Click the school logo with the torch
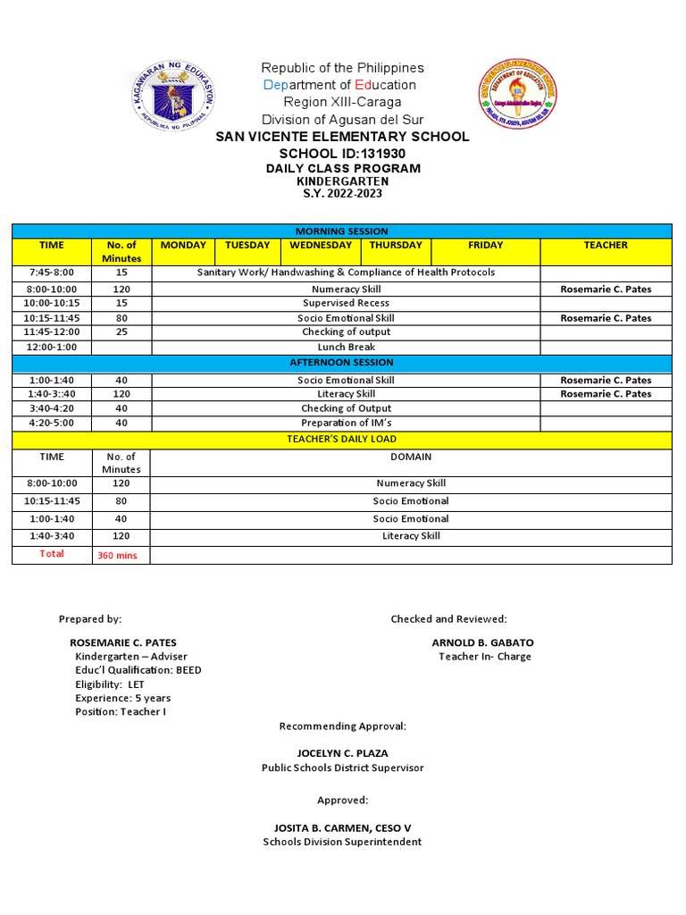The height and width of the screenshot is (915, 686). [x=518, y=95]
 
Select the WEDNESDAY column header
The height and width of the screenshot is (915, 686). [x=320, y=246]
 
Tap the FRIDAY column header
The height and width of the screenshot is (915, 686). [x=485, y=246]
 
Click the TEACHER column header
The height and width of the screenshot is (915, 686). [x=606, y=246]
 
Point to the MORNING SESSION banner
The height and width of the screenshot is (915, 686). [x=341, y=231]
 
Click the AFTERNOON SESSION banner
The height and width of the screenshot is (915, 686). [x=341, y=363]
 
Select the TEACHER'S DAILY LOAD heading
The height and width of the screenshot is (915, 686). [x=341, y=440]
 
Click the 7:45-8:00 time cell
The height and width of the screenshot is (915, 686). [x=52, y=273]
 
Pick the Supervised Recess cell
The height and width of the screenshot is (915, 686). [x=346, y=304]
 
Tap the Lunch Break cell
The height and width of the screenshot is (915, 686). [x=346, y=347]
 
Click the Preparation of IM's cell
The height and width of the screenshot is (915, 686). [x=346, y=423]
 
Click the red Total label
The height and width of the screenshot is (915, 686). [x=52, y=554]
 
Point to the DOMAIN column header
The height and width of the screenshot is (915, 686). [x=411, y=457]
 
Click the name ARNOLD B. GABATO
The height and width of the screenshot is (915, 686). [x=482, y=642]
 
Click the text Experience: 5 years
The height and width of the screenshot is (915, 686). [x=122, y=698]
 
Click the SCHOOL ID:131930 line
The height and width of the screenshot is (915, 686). [x=342, y=153]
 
